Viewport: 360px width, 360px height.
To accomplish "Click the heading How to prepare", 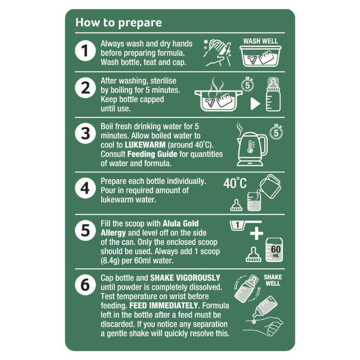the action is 118,23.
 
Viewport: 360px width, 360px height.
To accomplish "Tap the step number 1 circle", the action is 85,51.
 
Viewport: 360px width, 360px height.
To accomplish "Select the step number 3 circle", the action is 85,133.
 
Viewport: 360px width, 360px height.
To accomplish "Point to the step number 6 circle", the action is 85,284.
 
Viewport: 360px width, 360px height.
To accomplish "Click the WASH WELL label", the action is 260,41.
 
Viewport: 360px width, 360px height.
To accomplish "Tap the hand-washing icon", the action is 217,53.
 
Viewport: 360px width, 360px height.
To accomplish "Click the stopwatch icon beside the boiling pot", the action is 247,84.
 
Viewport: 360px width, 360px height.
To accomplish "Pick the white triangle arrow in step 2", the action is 255,104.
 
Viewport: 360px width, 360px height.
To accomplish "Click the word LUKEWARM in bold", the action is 145,145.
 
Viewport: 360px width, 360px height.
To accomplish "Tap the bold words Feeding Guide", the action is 152,154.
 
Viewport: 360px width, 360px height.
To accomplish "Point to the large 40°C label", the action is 235,183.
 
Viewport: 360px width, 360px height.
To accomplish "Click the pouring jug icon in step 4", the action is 270,186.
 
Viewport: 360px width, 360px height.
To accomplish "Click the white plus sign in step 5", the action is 256,233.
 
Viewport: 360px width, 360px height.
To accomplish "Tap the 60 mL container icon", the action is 274,250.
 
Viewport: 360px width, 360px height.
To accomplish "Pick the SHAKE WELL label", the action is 273,280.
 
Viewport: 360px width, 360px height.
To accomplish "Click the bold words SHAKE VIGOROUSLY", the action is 185,278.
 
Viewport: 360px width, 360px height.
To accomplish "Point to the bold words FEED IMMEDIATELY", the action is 164,306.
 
